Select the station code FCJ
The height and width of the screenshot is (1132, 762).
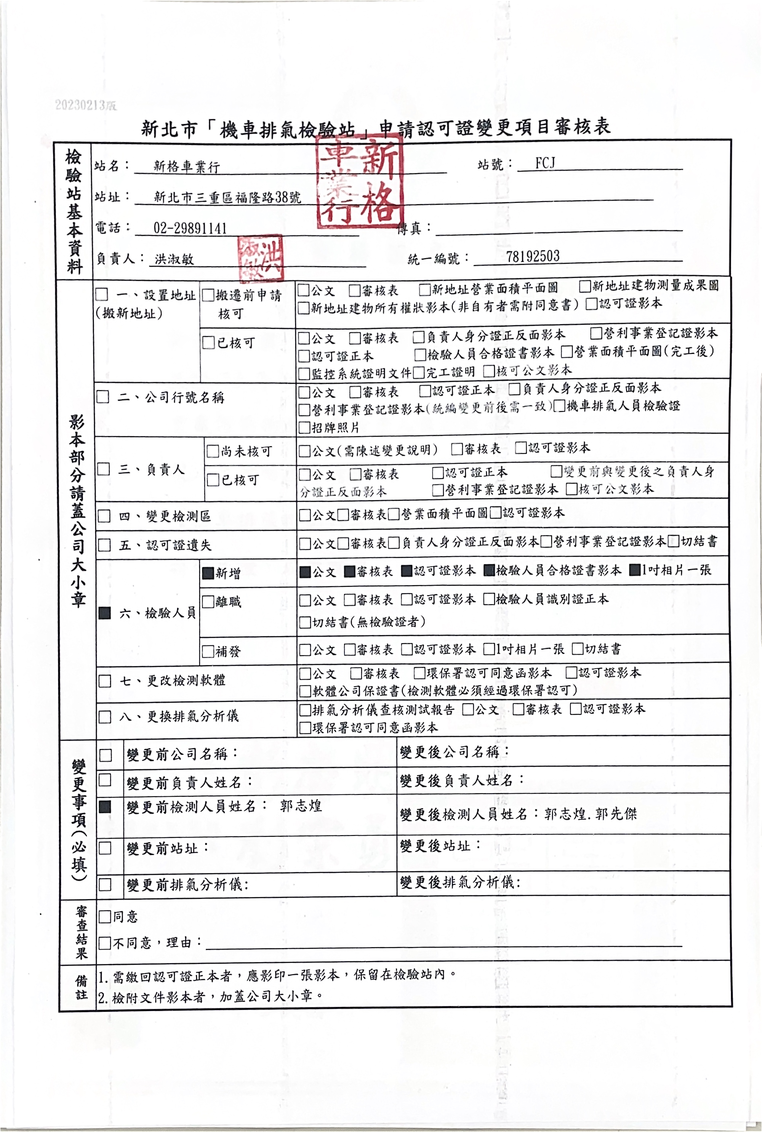pos(545,163)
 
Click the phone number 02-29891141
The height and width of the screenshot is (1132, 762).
pos(190,228)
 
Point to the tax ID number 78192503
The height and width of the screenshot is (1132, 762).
pos(533,256)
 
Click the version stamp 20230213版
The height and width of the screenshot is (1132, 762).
pos(85,105)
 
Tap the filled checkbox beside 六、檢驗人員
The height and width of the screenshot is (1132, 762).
pos(104,613)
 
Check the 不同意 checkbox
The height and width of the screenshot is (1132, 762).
pos(104,943)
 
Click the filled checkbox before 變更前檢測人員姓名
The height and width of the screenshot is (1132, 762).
pos(105,807)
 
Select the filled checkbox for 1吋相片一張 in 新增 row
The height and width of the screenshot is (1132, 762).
pos(635,570)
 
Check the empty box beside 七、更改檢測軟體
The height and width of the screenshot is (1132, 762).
pos(105,680)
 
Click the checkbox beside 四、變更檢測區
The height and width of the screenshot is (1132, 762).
pos(104,516)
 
